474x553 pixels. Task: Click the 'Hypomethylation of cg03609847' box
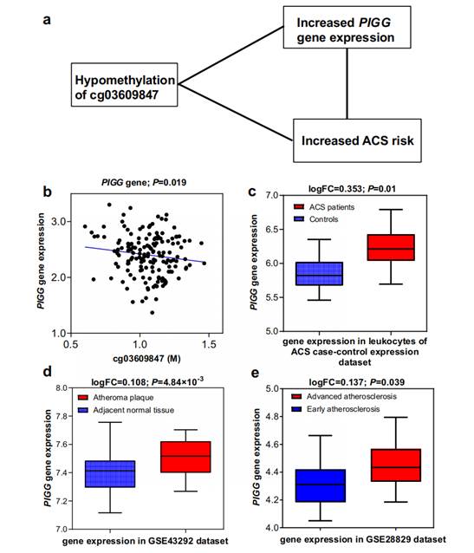[124, 85]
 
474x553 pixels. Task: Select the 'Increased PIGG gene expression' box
[347, 27]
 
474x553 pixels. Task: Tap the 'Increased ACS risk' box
[357, 140]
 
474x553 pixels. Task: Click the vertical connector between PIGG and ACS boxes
[347, 83]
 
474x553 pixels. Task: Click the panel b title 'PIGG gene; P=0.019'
[144, 182]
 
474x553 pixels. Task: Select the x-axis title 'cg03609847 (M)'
[146, 359]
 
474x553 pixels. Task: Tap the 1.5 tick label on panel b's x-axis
[209, 344]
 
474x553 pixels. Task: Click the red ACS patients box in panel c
[391, 248]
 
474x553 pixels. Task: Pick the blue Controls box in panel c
[319, 274]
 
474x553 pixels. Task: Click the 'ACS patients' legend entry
[324, 207]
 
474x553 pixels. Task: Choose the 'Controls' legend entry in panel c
[316, 219]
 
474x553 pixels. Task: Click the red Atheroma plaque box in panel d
[185, 457]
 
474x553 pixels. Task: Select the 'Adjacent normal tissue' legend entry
[126, 410]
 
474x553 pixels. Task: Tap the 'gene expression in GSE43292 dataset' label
[145, 541]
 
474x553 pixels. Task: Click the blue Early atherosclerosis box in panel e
[321, 485]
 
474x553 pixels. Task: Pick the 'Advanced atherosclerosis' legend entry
[344, 396]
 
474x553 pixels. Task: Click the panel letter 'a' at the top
[47, 20]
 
